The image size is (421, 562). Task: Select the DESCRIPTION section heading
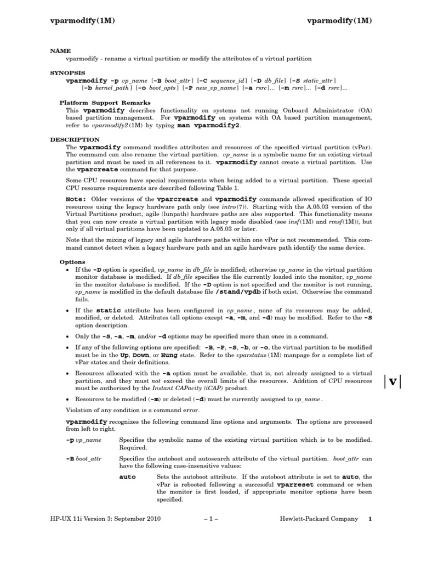click(x=75, y=140)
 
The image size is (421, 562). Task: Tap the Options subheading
click(x=72, y=262)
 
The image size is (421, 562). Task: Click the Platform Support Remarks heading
click(x=105, y=103)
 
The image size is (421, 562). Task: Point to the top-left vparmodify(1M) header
click(x=82, y=21)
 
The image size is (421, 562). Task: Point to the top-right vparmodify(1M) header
click(x=339, y=21)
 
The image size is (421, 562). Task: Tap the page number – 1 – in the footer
click(x=211, y=519)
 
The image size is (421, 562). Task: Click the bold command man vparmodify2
click(x=208, y=125)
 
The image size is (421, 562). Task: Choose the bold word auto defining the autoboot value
click(x=127, y=477)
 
